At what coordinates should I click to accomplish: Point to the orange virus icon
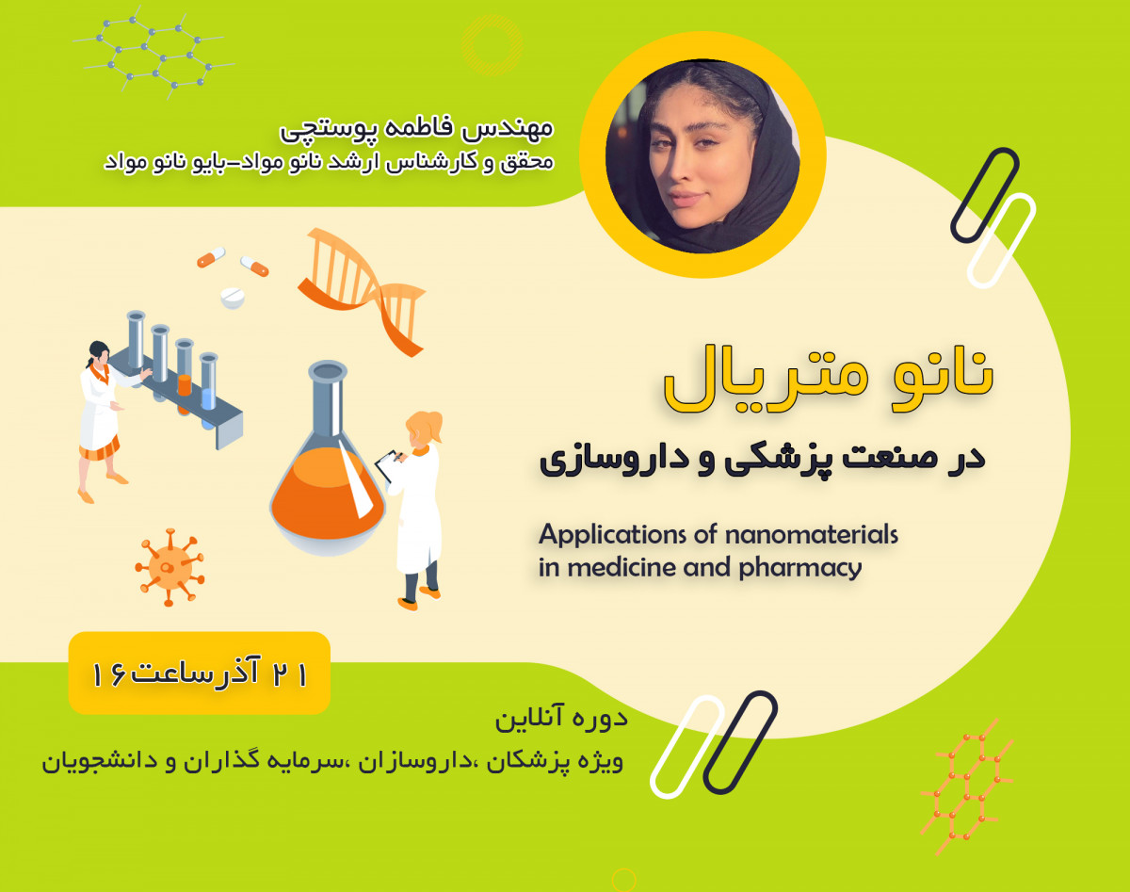click(169, 564)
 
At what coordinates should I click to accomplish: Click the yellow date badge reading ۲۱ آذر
click(200, 673)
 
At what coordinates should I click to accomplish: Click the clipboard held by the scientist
click(387, 464)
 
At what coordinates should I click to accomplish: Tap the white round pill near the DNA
click(232, 299)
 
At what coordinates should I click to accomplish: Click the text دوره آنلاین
click(561, 721)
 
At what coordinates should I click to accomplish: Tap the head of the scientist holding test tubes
click(98, 353)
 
